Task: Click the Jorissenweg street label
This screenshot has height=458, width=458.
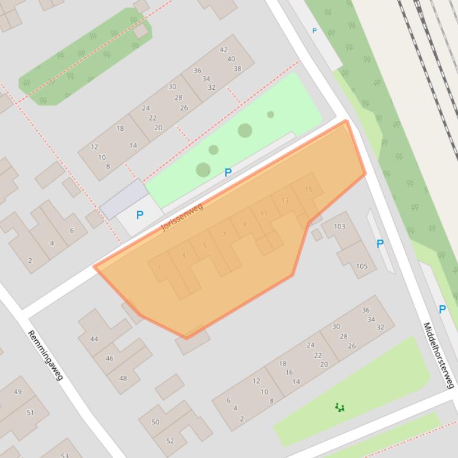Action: pyautogui.click(x=182, y=217)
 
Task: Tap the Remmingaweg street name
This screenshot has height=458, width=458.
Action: pyautogui.click(x=45, y=355)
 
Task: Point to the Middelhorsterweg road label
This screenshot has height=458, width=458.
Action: pyautogui.click(x=438, y=355)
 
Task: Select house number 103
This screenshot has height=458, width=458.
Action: pyautogui.click(x=339, y=226)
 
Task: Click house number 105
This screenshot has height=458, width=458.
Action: pyautogui.click(x=362, y=266)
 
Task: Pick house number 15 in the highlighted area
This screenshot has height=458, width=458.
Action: pyautogui.click(x=308, y=189)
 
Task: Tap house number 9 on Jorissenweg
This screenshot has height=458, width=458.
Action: pyautogui.click(x=244, y=224)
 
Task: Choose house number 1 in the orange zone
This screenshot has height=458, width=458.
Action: pyautogui.click(x=160, y=268)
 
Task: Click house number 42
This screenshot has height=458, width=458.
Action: pyautogui.click(x=224, y=50)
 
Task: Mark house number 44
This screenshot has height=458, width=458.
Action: pyautogui.click(x=94, y=339)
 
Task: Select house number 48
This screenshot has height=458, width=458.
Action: pyautogui.click(x=123, y=378)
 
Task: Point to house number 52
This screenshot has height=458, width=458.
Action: pyautogui.click(x=170, y=441)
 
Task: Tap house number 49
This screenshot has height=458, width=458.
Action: pyautogui.click(x=17, y=391)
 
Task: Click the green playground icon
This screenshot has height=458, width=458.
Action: pyautogui.click(x=339, y=407)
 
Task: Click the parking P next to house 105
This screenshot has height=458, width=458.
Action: pyautogui.click(x=379, y=243)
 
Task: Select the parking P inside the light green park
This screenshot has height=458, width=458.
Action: pyautogui.click(x=228, y=172)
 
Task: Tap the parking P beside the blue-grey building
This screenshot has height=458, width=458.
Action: pyautogui.click(x=139, y=215)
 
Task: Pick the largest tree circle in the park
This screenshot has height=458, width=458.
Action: pyautogui.click(x=245, y=130)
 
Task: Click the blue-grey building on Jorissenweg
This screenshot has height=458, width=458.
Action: pyautogui.click(x=124, y=199)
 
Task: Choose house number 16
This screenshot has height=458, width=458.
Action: pyautogui.click(x=289, y=372)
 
